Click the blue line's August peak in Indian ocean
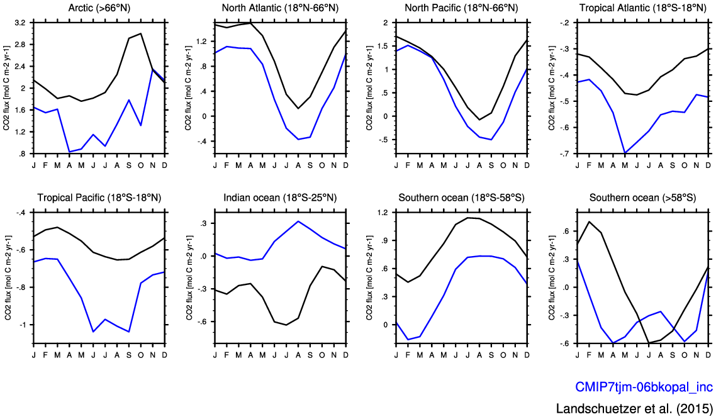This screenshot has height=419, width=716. [298, 221]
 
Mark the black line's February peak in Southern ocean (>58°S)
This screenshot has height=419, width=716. [589, 221]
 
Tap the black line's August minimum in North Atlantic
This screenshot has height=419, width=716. [298, 109]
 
